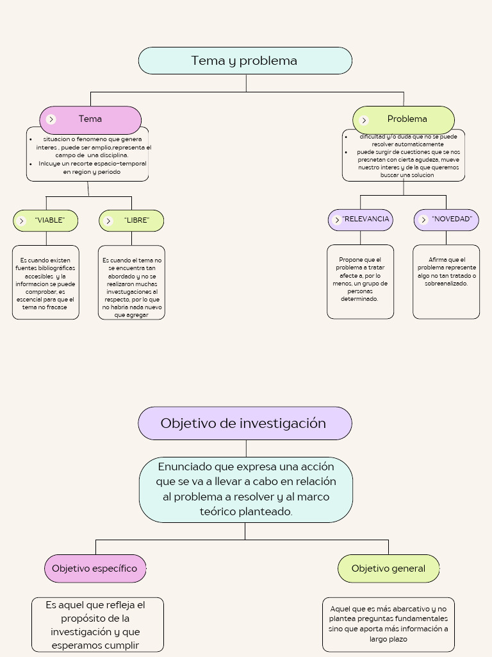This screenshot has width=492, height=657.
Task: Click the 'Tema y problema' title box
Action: (x=245, y=61)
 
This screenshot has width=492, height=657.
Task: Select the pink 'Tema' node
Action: (x=90, y=119)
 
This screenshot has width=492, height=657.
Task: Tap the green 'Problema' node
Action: (x=404, y=119)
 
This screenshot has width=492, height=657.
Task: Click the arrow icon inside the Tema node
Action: (x=51, y=119)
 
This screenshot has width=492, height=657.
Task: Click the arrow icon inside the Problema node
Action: (x=364, y=120)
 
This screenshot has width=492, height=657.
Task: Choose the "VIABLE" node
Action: (x=46, y=220)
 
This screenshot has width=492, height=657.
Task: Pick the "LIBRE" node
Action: (x=131, y=220)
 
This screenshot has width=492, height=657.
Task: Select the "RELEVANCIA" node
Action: (x=360, y=219)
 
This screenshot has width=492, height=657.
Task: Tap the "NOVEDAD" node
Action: (x=447, y=219)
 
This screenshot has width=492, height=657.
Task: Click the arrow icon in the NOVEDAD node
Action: (x=423, y=220)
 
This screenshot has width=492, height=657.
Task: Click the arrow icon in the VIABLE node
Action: (x=22, y=221)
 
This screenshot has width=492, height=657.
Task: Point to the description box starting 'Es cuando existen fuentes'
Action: (x=46, y=282)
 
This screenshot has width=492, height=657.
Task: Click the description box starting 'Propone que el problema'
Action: (x=360, y=281)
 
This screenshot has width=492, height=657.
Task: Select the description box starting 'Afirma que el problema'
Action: (x=447, y=281)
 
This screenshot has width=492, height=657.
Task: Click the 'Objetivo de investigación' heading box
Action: (x=245, y=423)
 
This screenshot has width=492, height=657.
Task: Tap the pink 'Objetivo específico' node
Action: (x=95, y=568)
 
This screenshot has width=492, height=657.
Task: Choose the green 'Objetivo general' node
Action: (x=388, y=568)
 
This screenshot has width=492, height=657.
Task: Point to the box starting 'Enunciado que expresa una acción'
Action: (x=246, y=489)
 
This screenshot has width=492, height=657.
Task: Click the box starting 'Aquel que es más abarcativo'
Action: (x=388, y=624)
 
